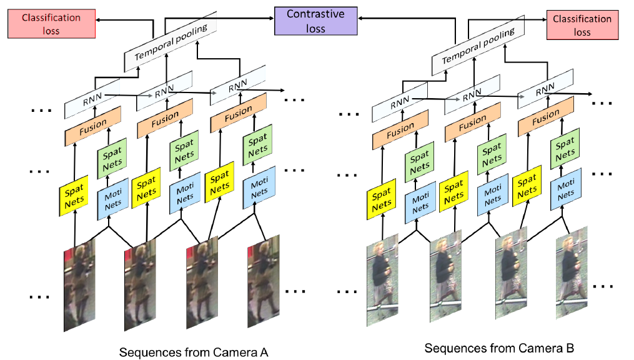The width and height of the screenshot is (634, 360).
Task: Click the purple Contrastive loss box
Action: point(316,21)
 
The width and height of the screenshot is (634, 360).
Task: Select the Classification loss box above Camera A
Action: point(51,24)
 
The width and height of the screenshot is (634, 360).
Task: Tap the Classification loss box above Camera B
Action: point(582,25)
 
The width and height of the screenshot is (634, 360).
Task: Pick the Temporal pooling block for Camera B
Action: point(478,45)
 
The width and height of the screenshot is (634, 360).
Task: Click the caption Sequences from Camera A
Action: point(194,352)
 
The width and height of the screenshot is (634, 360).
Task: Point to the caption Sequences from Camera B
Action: point(499,348)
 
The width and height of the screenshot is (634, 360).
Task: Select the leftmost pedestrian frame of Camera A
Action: point(79,285)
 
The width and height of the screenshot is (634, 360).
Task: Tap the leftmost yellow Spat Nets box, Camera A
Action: point(74,196)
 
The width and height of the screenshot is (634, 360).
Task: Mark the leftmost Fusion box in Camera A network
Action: point(93,126)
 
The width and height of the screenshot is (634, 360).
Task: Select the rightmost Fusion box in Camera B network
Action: point(546,116)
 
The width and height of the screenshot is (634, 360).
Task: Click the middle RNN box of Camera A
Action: point(164,91)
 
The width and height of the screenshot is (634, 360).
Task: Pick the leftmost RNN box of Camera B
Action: point(400,102)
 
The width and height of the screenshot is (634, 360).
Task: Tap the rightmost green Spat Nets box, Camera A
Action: point(257,145)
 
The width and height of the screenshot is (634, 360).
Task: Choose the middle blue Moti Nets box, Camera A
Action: point(185,193)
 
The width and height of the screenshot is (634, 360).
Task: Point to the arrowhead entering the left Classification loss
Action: point(98,19)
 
